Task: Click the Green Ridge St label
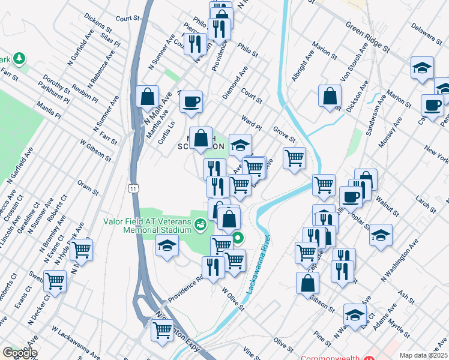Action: point(368,35)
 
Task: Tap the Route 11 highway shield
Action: point(131,188)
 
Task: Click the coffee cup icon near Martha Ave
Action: point(191,101)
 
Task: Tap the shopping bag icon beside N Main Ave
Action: point(147,97)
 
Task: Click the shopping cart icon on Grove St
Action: point(294,158)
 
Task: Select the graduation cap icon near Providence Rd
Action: point(167,245)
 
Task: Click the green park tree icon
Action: point(20,58)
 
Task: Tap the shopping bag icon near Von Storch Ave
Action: point(330,96)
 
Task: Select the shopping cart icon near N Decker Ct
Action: point(55,280)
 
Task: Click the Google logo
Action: point(20,353)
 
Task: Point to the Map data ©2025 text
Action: point(423,355)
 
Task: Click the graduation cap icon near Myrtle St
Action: point(355,314)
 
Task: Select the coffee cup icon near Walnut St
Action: point(351,196)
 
